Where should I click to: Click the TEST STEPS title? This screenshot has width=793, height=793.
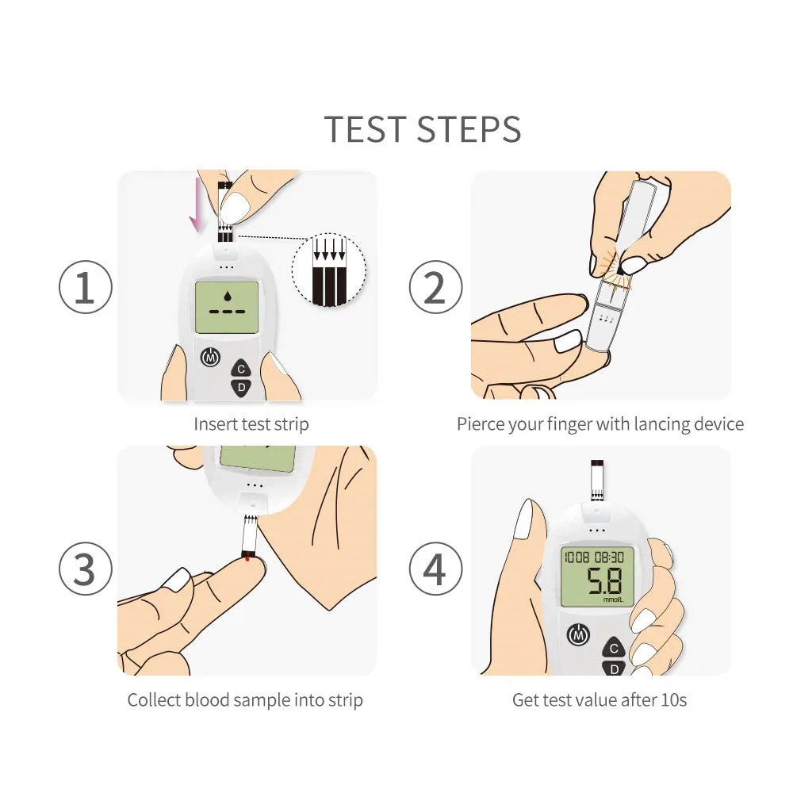coord(423,129)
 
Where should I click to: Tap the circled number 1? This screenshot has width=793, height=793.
coord(86,287)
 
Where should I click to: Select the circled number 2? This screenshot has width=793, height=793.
coord(435,287)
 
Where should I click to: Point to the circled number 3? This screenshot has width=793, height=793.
coord(86,569)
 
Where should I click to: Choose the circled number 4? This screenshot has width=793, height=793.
coord(435,569)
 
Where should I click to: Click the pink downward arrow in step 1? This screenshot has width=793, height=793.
coord(196,205)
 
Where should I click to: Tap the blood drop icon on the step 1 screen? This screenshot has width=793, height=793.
coord(227,296)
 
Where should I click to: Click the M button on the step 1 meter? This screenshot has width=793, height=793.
coord(210,358)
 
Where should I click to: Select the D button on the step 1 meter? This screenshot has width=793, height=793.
coord(241,388)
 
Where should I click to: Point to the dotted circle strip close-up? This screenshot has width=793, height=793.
coord(329,270)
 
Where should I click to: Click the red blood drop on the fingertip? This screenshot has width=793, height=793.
coord(247,558)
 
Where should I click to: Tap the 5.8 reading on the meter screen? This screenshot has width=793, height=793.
coord(603,580)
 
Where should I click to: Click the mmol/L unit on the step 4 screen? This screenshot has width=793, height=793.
coord(613,600)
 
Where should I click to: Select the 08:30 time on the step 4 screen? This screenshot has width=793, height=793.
coord(609,557)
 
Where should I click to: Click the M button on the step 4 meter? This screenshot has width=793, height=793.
coord(579,634)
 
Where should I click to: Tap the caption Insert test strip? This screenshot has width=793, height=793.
coord(251,423)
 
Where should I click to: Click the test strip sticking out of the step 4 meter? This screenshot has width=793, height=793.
coord(597,481)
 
